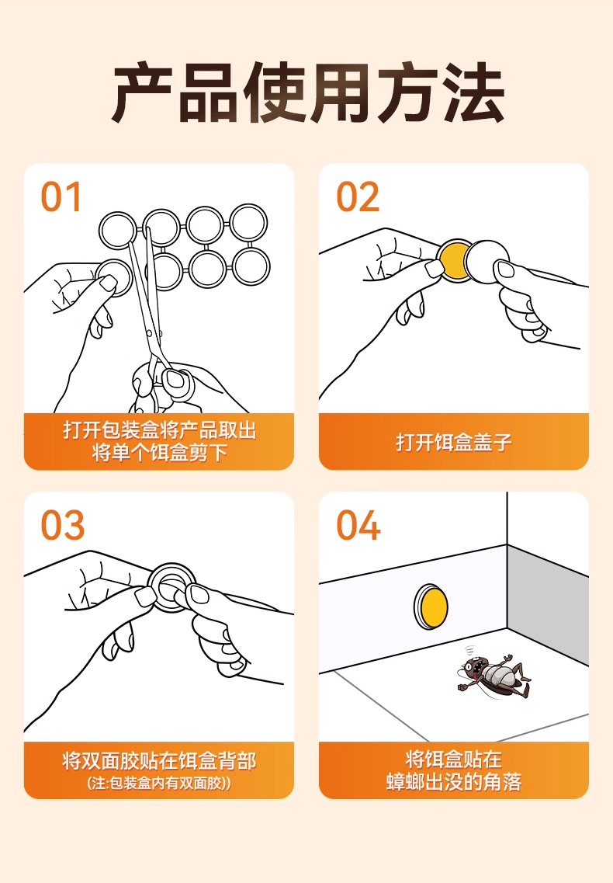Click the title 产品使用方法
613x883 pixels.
307,93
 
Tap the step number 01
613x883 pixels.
61,197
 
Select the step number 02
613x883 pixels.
358,197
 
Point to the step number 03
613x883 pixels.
63,526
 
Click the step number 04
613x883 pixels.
358,526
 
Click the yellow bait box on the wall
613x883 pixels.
431,607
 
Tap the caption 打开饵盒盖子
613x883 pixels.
454,442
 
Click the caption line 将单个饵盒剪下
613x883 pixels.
160,452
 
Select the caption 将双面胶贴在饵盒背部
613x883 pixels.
159,760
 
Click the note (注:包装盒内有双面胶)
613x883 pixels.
159,784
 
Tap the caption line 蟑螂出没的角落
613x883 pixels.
454,782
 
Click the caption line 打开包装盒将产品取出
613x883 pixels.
160,430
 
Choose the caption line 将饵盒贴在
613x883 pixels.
454,759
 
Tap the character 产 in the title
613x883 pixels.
143,93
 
